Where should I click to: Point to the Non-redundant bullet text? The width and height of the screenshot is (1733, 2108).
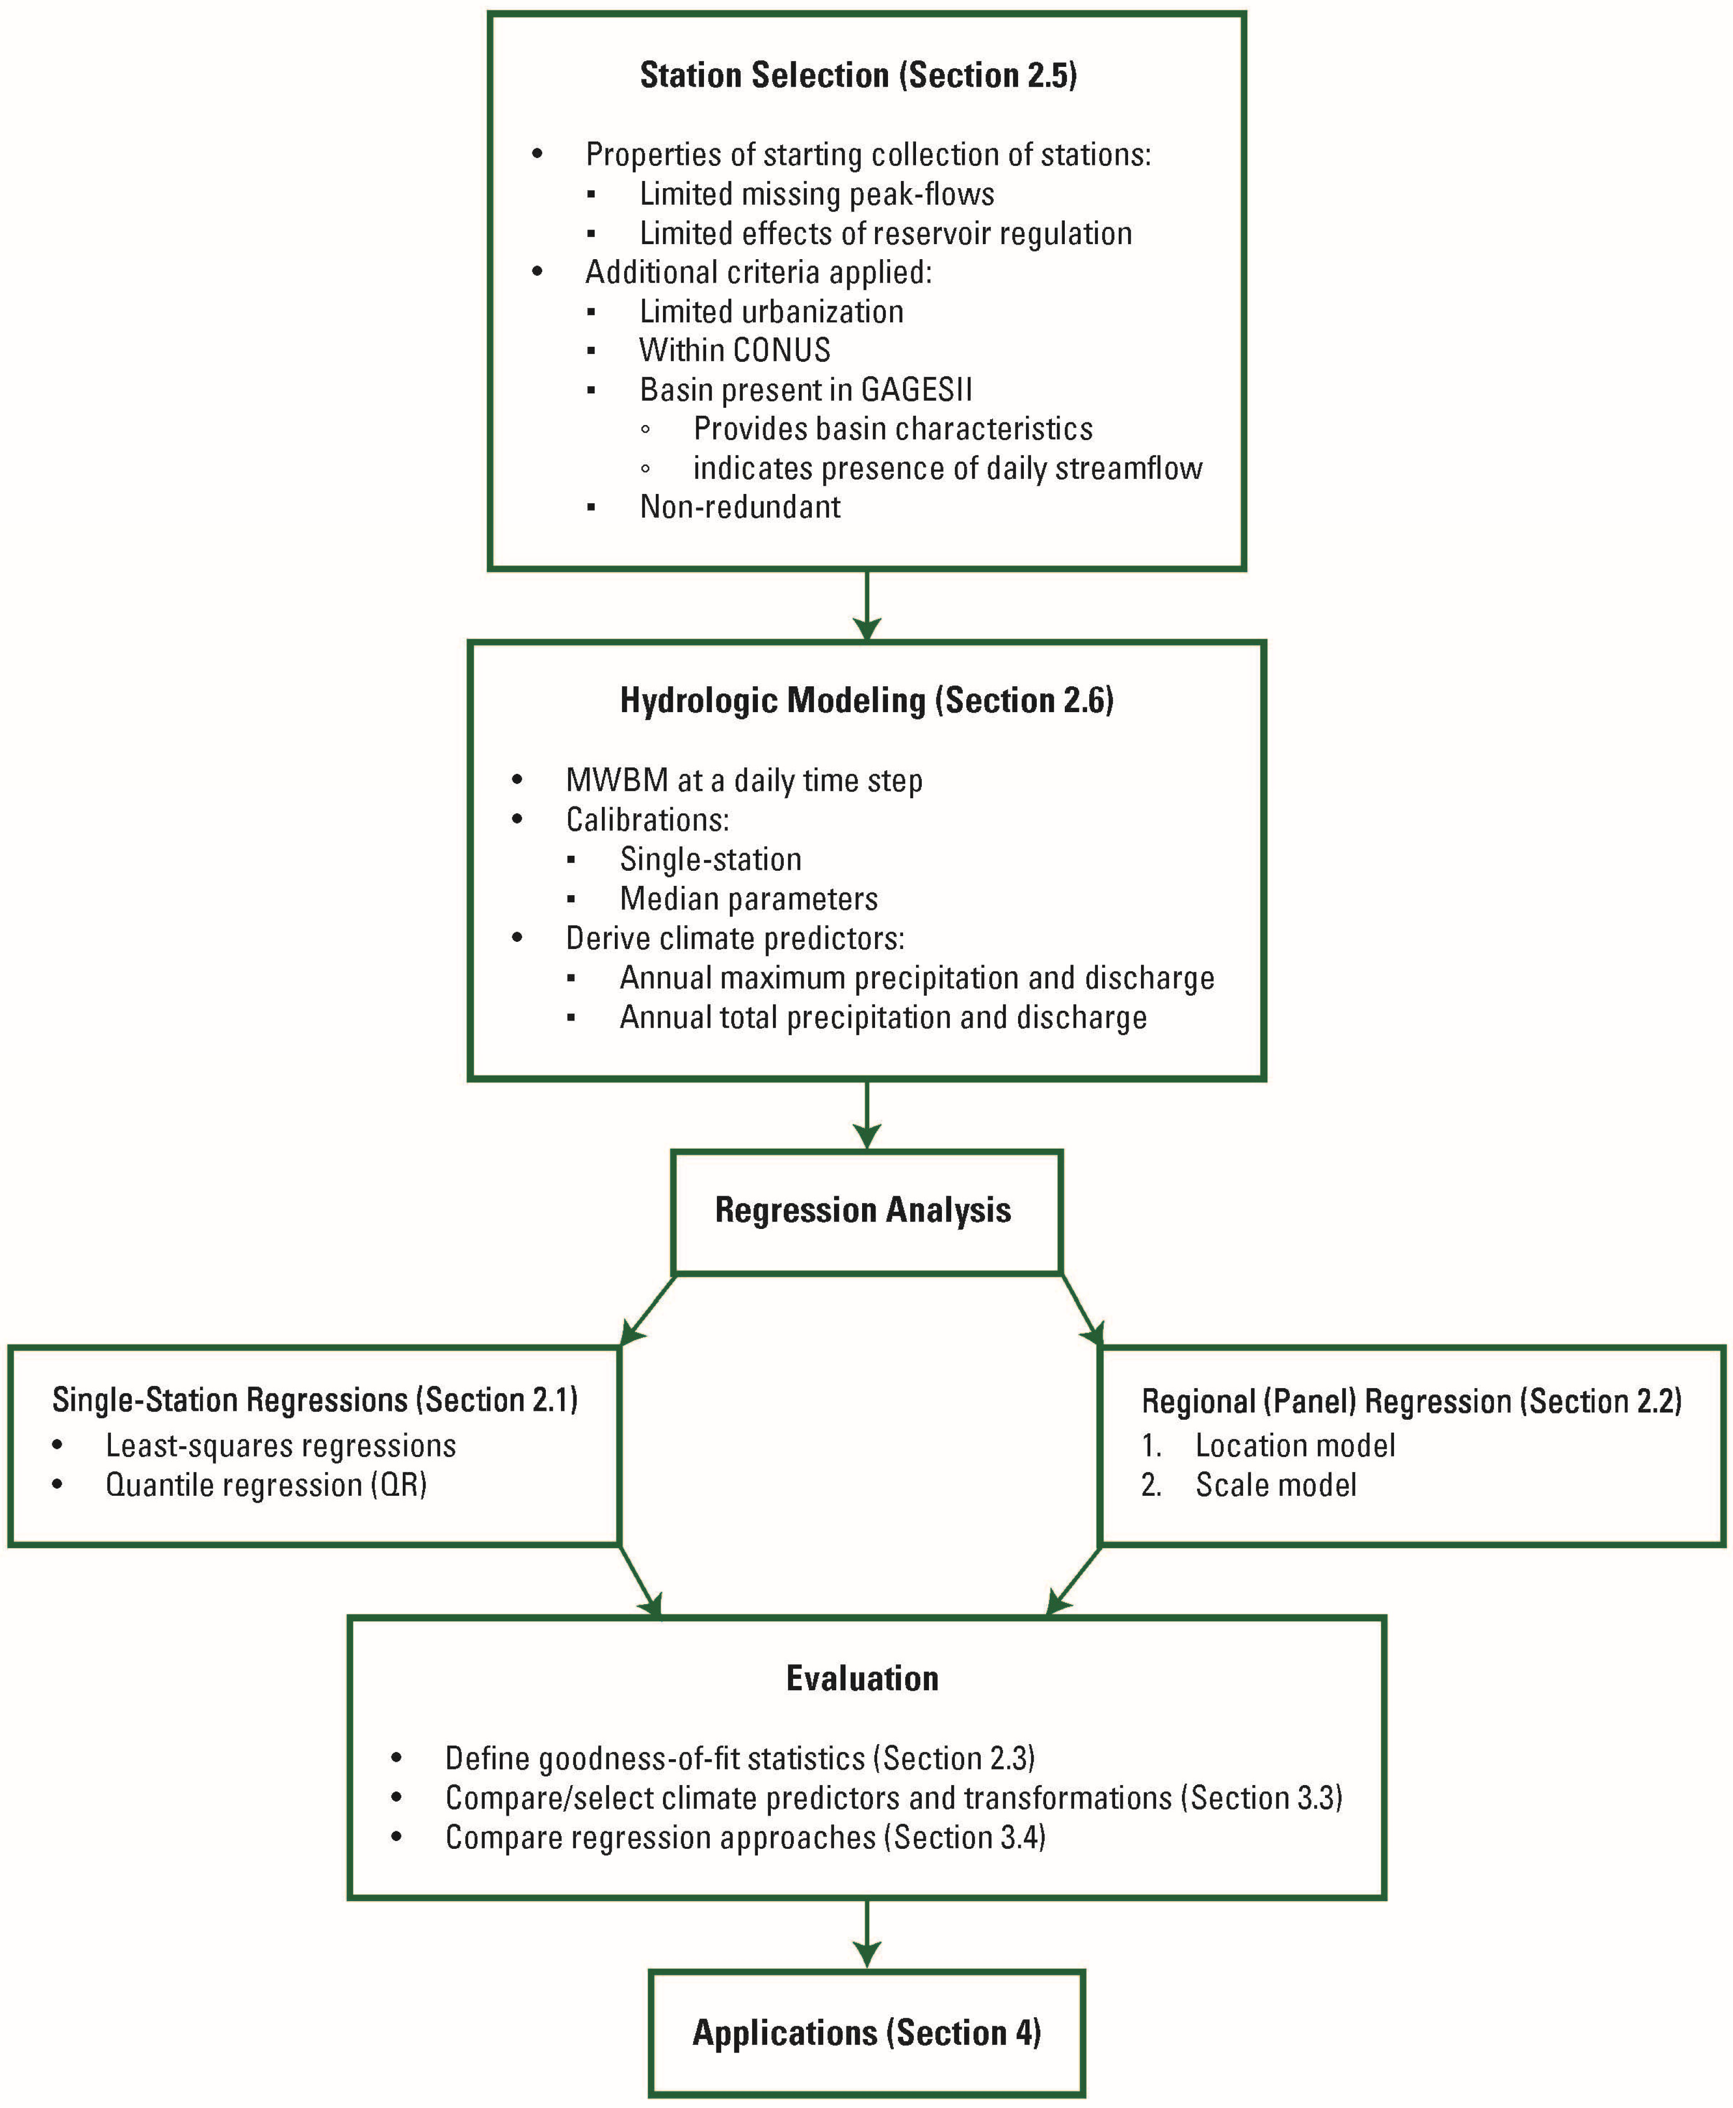point(740,507)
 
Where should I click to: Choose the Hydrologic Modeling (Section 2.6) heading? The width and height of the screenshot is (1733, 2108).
point(867,701)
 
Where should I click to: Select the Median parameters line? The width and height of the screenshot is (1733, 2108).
point(749,899)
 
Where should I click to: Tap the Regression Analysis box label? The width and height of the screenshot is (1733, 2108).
point(863,1211)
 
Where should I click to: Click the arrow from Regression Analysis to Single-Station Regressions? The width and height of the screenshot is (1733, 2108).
point(647,1310)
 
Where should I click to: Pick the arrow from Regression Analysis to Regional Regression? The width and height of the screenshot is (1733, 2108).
point(1082,1310)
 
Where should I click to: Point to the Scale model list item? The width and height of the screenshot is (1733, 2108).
point(1276,1485)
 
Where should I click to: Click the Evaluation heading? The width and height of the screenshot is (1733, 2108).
point(863,1679)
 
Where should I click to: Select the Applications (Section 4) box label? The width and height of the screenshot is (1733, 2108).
point(867,2033)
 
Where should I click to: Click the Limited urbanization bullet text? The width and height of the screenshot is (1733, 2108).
point(771,312)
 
